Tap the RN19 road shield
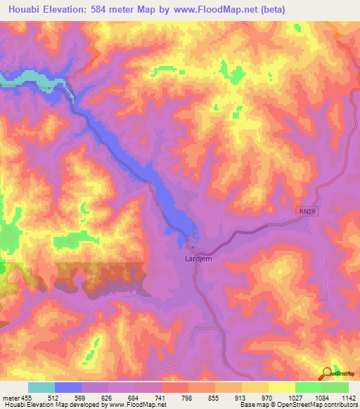pos(302,211)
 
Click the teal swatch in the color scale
pos(41,387)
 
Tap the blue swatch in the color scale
pos(68,387)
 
